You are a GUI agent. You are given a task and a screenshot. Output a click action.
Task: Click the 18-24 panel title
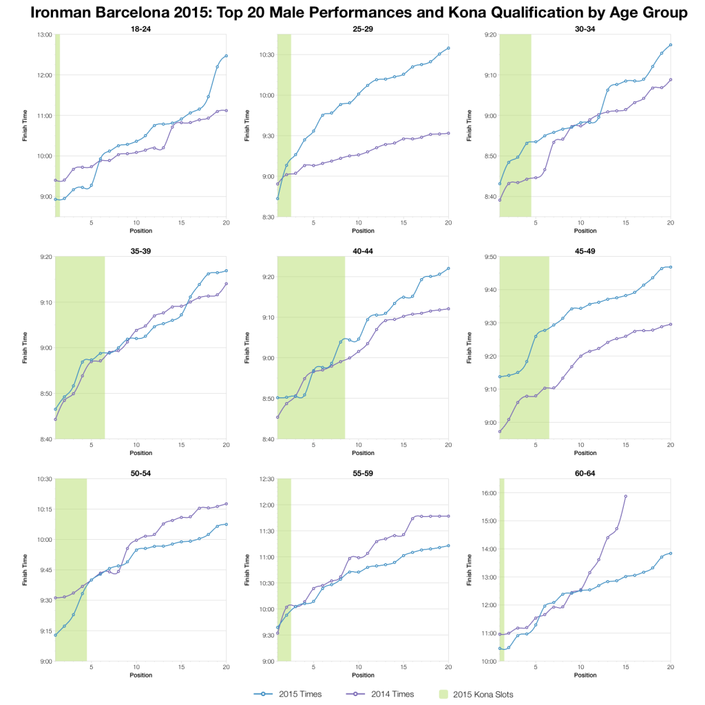coord(140,28)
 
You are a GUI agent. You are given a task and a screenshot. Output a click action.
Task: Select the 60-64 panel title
coord(585,473)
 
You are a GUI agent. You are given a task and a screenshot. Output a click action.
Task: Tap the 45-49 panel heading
coord(585,251)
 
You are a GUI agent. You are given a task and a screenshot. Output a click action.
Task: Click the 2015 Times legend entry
coord(284,694)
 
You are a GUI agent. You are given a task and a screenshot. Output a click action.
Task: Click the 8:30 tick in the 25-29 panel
coord(266,217)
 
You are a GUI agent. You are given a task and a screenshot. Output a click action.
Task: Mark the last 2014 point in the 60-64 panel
coord(626,496)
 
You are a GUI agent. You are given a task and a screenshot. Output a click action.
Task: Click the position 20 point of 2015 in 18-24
coord(226,56)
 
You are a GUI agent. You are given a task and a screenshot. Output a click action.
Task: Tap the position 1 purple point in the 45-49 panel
coord(500,432)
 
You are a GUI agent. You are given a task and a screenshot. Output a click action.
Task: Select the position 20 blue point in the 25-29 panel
coord(448,48)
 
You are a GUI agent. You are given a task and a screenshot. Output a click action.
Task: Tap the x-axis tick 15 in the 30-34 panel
coord(626,222)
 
